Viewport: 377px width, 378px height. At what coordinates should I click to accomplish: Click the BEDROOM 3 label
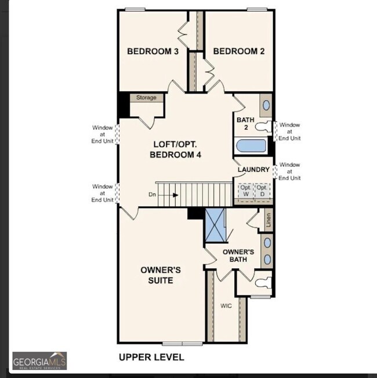153,52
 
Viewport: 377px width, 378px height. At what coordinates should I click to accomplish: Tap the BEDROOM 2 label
238,52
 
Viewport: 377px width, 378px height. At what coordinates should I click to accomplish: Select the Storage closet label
146,98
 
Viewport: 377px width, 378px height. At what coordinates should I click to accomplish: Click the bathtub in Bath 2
251,145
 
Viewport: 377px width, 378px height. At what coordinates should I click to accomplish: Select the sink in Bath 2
266,105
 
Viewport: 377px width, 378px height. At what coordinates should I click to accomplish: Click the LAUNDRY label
253,170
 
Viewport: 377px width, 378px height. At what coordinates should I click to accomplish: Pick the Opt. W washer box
246,190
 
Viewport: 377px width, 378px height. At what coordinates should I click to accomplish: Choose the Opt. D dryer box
263,190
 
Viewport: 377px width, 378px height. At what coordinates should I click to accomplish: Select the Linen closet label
268,219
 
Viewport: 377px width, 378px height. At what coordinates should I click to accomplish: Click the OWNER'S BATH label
238,255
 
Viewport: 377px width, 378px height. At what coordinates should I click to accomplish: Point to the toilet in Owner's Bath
262,283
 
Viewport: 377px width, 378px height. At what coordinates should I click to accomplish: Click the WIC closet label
226,305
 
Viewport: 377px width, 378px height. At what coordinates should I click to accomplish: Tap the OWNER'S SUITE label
161,275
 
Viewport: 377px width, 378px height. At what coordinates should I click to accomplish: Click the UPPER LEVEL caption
151,357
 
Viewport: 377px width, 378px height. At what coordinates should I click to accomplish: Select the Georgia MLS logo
39,360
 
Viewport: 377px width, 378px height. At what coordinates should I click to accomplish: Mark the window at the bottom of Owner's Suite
182,343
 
